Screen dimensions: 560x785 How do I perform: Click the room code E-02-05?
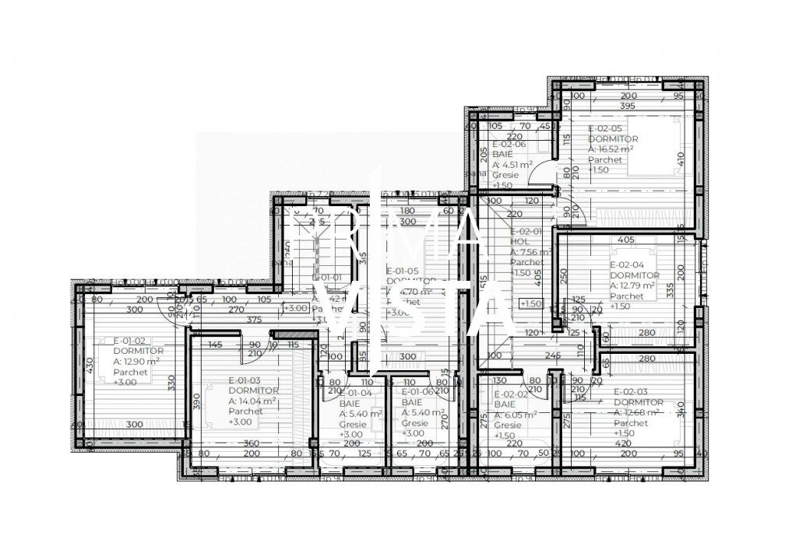(605, 128)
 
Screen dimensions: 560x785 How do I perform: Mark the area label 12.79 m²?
(631, 285)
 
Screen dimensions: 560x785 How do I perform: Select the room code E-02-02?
(512, 394)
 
